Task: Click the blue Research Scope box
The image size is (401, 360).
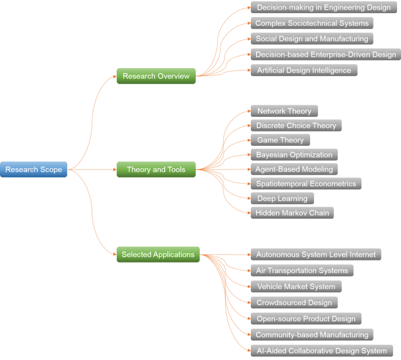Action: pos(34,169)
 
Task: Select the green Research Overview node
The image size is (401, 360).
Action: pos(156,76)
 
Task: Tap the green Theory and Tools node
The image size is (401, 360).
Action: pos(156,169)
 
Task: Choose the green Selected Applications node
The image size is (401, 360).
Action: pos(158,255)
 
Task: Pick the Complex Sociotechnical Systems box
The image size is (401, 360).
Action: pos(312,23)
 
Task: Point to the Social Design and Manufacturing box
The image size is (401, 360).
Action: pos(312,39)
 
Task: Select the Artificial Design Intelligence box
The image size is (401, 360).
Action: pos(304,70)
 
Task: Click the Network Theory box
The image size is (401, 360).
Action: pos(284,111)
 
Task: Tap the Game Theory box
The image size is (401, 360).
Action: pos(280,140)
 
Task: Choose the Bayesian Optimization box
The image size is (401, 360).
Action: pos(294,155)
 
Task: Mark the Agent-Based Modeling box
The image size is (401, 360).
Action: pos(294,169)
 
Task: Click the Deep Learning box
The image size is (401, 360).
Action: pos(282,199)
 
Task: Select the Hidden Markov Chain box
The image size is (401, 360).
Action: pos(292,213)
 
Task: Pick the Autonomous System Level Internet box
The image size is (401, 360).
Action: pos(316,255)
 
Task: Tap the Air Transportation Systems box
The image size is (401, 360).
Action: pos(302,271)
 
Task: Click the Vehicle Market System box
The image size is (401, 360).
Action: pos(296,287)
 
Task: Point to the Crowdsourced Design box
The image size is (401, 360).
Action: pos(294,303)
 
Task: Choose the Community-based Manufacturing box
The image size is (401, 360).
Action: pos(312,335)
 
